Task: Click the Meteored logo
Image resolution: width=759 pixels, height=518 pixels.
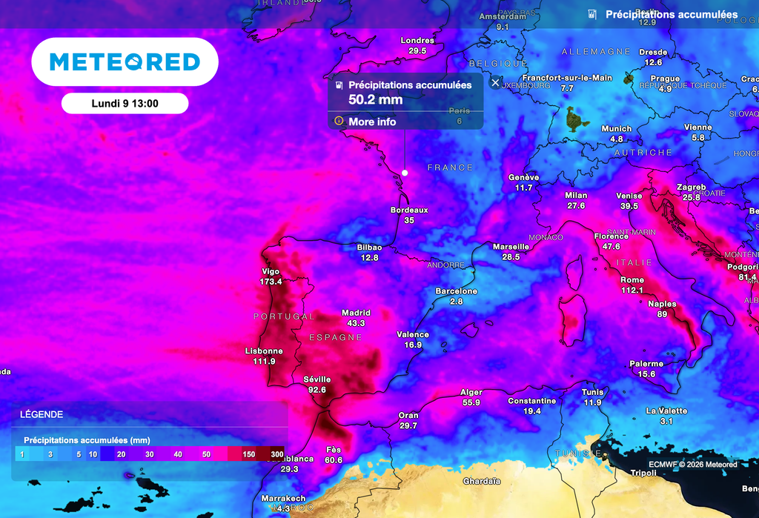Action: click(125, 62)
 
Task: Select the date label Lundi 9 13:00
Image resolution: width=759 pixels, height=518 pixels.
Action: click(125, 104)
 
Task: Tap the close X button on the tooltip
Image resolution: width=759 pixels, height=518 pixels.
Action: click(496, 82)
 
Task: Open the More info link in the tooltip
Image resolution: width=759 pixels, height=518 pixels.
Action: click(372, 122)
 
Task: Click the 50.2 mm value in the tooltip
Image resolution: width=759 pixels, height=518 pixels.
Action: click(375, 99)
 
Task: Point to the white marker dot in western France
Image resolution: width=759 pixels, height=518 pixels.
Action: click(405, 173)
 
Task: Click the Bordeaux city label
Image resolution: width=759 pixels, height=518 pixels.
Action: click(409, 210)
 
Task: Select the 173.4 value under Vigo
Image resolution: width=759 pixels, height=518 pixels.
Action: click(271, 282)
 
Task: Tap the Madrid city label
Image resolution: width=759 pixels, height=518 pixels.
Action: click(356, 313)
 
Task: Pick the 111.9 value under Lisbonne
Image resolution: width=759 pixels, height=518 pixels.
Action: click(264, 361)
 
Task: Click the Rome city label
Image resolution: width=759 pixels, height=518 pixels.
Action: click(632, 279)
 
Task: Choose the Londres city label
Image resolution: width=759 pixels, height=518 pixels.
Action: click(417, 41)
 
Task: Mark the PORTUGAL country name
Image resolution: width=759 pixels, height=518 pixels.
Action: click(284, 316)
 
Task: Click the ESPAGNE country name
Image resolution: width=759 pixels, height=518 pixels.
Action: click(336, 337)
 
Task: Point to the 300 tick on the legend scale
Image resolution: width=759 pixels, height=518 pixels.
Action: click(277, 454)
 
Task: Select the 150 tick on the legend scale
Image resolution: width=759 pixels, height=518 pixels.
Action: click(249, 454)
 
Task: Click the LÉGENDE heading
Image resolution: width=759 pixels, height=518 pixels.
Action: click(42, 414)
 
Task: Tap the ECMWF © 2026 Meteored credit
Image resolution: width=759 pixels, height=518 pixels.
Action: click(692, 465)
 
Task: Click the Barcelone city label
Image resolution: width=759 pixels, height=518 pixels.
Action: click(457, 291)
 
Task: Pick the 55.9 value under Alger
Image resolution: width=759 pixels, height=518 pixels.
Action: click(471, 402)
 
